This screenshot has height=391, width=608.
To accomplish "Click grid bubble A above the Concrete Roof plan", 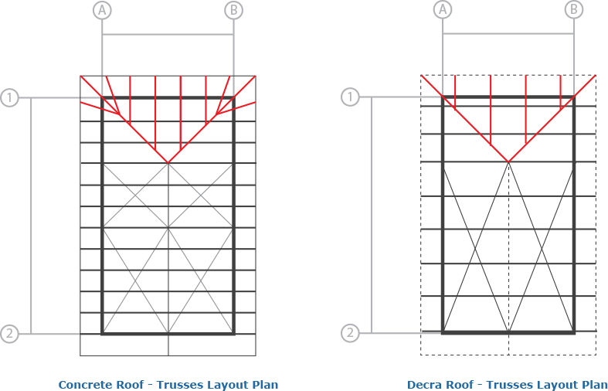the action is pos(102,11).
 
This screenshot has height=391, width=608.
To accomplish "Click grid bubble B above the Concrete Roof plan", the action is pos(233,11).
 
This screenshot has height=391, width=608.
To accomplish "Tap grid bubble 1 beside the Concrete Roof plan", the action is pos(9,97).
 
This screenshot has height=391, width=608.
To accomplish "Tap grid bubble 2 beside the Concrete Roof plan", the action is pos(9,334).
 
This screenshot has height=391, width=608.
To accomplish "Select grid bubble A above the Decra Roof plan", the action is pos(443,10).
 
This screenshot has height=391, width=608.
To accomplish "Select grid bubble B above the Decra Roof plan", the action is pos(574,10).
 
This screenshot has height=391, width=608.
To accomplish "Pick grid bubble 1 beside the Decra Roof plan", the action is pos(350,97).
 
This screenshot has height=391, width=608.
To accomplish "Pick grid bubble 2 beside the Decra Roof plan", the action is pos(350,333).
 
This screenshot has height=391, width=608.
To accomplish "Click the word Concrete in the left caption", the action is pos(82,385).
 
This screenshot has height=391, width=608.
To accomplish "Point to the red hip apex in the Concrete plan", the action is pos(168,163).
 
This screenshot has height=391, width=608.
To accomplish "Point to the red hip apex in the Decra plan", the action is pos(508,161).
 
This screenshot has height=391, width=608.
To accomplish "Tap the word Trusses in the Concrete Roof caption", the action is pos(179,385).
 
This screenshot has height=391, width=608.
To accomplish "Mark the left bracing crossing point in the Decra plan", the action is pos(475,248).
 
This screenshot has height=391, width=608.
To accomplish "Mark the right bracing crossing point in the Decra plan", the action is pos(542,248).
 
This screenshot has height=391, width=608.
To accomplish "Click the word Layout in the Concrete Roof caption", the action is pos(224,385).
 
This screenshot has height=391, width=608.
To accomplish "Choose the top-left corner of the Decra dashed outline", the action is pos(421,75).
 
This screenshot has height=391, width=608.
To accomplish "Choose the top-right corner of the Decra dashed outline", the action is pos(596,75).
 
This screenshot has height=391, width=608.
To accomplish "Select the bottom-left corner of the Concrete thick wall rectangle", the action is pos(102,334).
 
